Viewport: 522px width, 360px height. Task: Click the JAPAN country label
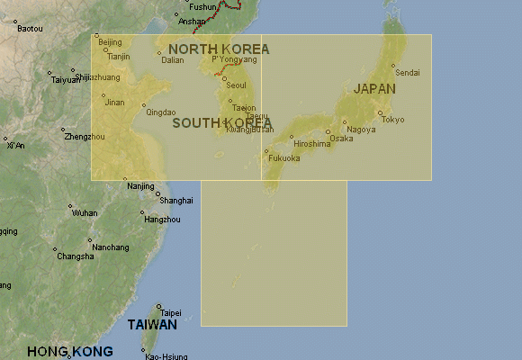(x=373, y=88)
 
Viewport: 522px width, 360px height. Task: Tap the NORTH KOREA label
(x=219, y=49)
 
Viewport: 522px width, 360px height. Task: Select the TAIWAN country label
(x=151, y=324)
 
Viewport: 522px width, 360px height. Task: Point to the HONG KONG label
(x=70, y=351)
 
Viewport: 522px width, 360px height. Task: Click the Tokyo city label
(x=392, y=120)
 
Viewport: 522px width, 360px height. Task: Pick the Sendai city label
(x=408, y=72)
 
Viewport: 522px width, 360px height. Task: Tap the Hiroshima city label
(x=312, y=144)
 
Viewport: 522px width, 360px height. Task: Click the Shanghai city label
(x=175, y=200)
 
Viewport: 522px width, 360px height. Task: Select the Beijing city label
(x=110, y=42)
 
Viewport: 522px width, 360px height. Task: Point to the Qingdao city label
(x=160, y=112)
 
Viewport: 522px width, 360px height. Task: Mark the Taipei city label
(x=171, y=313)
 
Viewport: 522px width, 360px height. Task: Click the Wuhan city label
(x=85, y=213)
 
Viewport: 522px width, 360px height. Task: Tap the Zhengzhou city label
(x=84, y=137)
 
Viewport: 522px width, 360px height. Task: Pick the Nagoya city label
(x=361, y=130)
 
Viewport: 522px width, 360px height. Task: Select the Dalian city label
(x=172, y=60)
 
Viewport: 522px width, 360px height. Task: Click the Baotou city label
(x=30, y=29)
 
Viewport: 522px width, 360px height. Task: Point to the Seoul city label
(x=236, y=85)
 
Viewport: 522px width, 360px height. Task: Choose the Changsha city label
(x=75, y=256)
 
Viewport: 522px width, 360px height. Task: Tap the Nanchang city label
(x=110, y=247)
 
